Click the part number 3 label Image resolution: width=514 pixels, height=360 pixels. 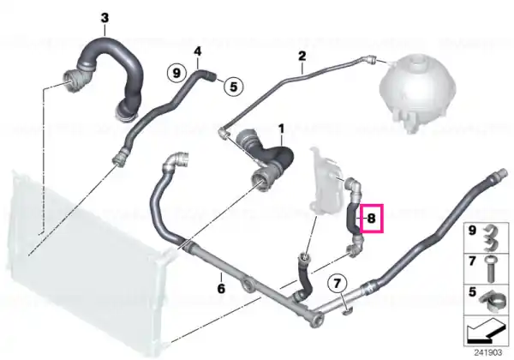(x=105, y=18)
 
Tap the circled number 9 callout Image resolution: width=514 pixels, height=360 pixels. (x=176, y=73)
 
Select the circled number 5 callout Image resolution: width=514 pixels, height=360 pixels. (x=233, y=87)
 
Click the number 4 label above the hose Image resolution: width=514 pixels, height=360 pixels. (x=197, y=51)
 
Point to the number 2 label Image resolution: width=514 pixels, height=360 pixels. (x=302, y=56)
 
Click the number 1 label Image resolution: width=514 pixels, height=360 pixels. (x=282, y=129)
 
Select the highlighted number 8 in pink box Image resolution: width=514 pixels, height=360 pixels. (x=372, y=219)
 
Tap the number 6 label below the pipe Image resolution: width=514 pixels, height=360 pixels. (x=221, y=289)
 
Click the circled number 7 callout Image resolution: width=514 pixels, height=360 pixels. (x=338, y=283)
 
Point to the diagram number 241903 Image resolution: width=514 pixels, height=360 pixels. (x=487, y=353)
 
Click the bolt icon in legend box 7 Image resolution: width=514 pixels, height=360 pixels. (x=491, y=269)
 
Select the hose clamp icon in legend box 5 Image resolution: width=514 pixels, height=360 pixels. (x=491, y=300)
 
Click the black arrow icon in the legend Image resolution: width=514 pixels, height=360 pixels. (x=486, y=331)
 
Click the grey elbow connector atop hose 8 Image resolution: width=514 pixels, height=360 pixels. (x=353, y=188)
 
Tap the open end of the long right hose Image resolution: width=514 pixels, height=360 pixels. (x=499, y=172)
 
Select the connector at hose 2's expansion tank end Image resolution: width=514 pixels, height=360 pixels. (x=370, y=59)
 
